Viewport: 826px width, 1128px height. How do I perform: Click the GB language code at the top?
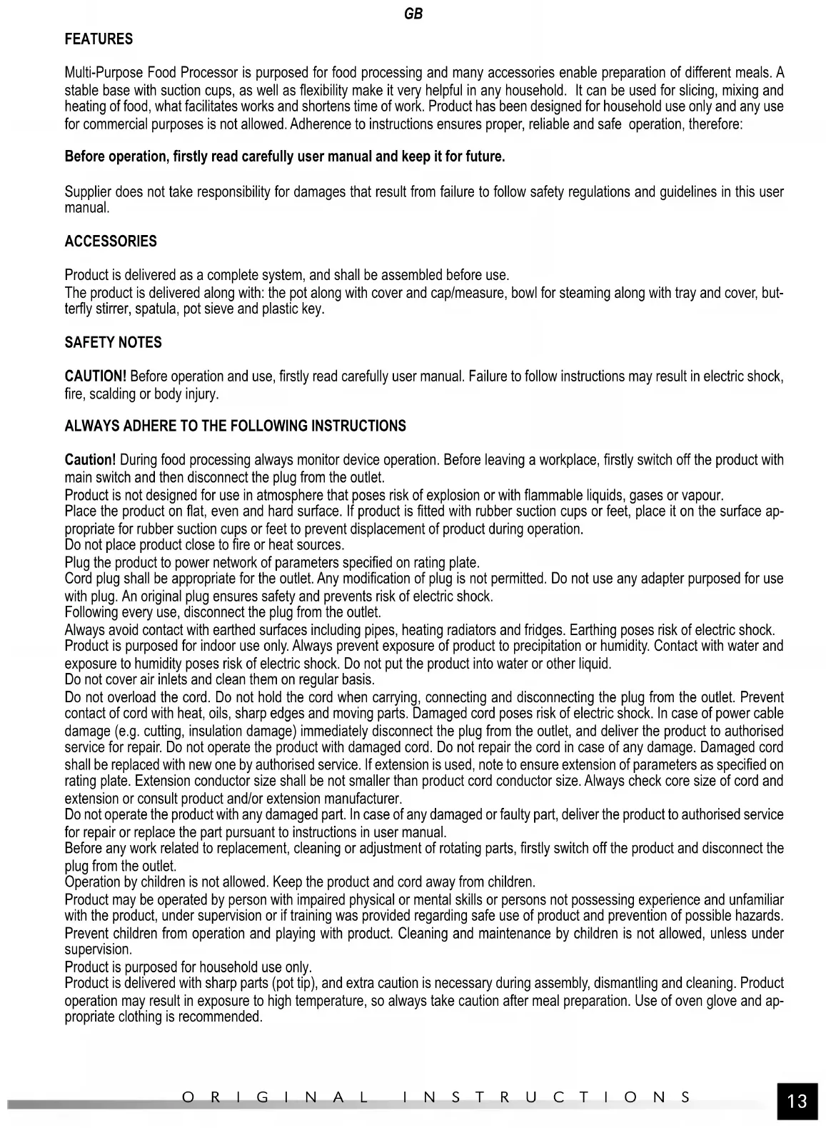coord(413,14)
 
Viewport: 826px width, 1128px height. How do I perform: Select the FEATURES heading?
coord(99,39)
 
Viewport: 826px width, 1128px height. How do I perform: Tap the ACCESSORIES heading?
coord(111,241)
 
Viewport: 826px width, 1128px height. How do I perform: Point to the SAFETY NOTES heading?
coord(113,343)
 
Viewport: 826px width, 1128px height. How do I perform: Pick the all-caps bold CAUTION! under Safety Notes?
coord(96,376)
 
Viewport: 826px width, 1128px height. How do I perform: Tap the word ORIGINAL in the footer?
coord(275,1097)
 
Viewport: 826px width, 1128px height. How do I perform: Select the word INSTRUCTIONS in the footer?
coord(546,1097)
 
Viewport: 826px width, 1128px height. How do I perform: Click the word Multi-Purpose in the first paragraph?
coord(104,73)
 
